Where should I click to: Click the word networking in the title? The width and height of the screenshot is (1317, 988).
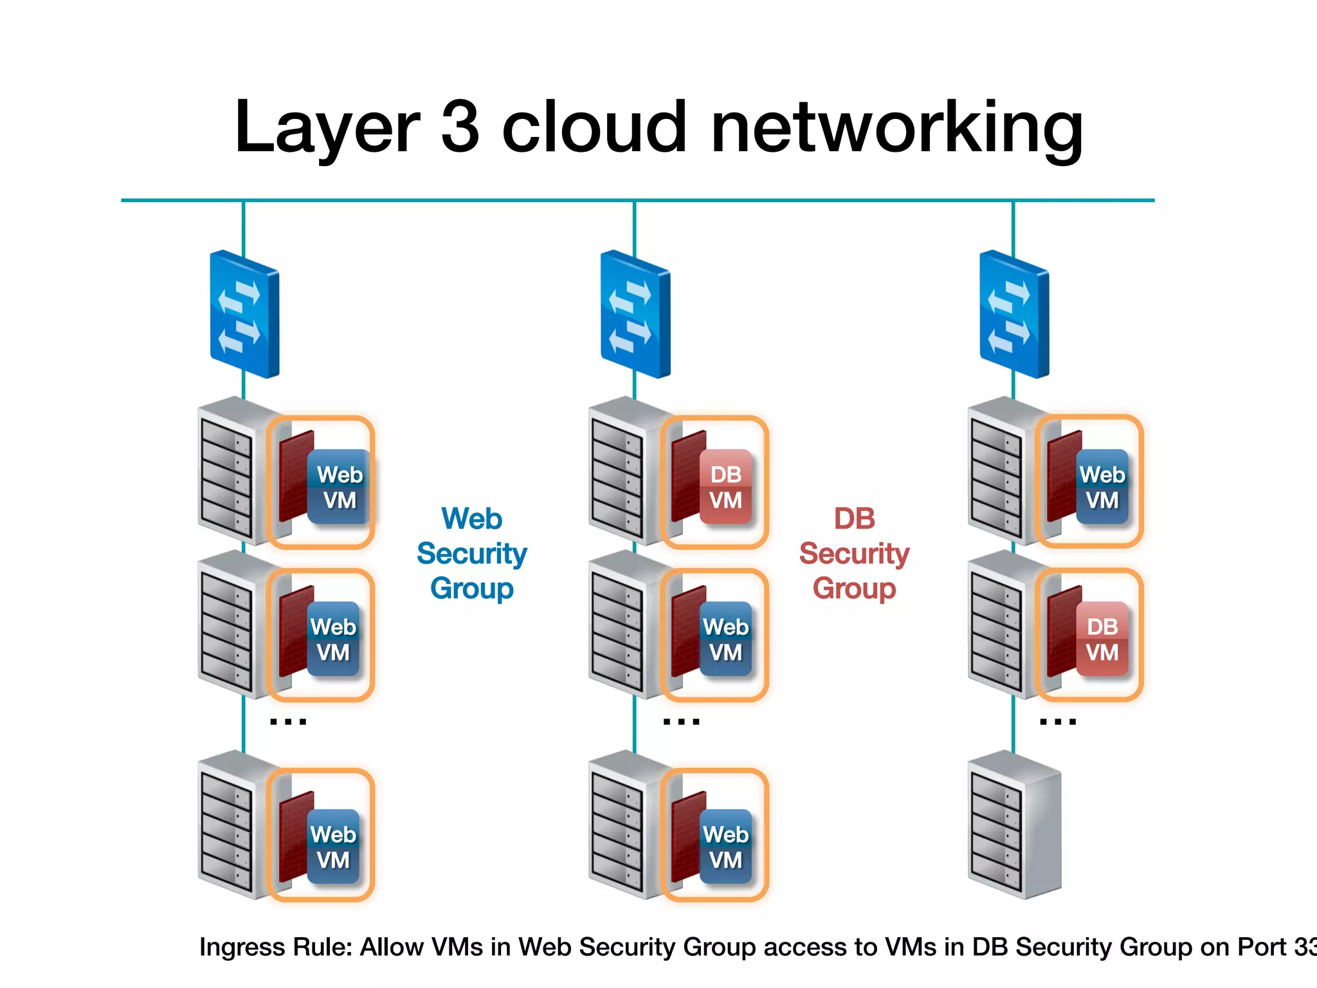[897, 128]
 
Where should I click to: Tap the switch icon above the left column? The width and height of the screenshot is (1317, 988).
[244, 314]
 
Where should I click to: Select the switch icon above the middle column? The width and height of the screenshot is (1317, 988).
[635, 314]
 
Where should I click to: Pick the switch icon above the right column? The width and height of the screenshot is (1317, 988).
[1014, 314]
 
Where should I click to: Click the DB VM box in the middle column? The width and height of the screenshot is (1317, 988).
[725, 487]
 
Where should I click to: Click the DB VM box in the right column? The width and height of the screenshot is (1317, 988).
[1102, 639]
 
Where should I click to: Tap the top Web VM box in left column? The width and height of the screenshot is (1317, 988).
[339, 487]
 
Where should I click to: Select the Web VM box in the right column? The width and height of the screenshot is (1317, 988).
[1102, 487]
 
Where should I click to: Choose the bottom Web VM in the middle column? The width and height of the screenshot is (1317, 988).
[725, 846]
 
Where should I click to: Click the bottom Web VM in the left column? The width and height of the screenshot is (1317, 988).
[333, 846]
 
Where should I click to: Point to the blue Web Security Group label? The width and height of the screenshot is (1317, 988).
[471, 553]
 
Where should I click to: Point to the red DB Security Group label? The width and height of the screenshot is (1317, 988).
[854, 553]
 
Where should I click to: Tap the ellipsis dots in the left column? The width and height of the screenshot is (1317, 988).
[288, 722]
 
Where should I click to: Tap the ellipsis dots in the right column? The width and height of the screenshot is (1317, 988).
[1058, 722]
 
